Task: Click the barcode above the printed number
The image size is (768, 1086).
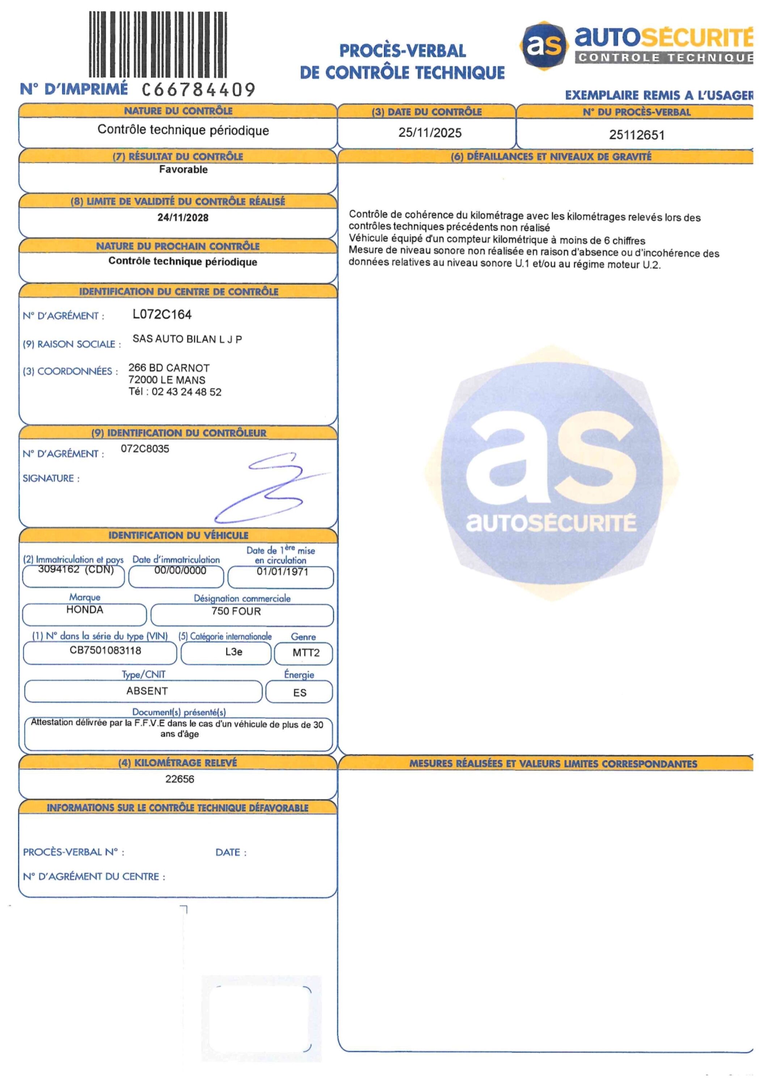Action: (157, 45)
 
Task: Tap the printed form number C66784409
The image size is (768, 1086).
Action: (199, 89)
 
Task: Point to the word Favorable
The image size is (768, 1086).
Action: (183, 170)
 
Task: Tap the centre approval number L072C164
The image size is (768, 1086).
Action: (162, 315)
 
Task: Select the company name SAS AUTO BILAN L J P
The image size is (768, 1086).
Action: (187, 339)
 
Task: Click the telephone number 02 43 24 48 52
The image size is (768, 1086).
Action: (186, 392)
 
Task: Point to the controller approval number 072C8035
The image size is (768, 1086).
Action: (145, 449)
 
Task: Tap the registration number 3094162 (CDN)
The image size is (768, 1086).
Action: (76, 569)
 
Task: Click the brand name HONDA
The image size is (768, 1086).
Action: (85, 610)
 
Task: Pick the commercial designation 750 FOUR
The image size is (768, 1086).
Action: (236, 611)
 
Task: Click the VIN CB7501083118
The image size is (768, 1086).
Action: (105, 651)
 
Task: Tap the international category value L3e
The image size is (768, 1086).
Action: (233, 652)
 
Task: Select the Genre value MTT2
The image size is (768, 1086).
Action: (306, 653)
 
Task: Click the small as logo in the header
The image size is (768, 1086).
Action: (544, 45)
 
